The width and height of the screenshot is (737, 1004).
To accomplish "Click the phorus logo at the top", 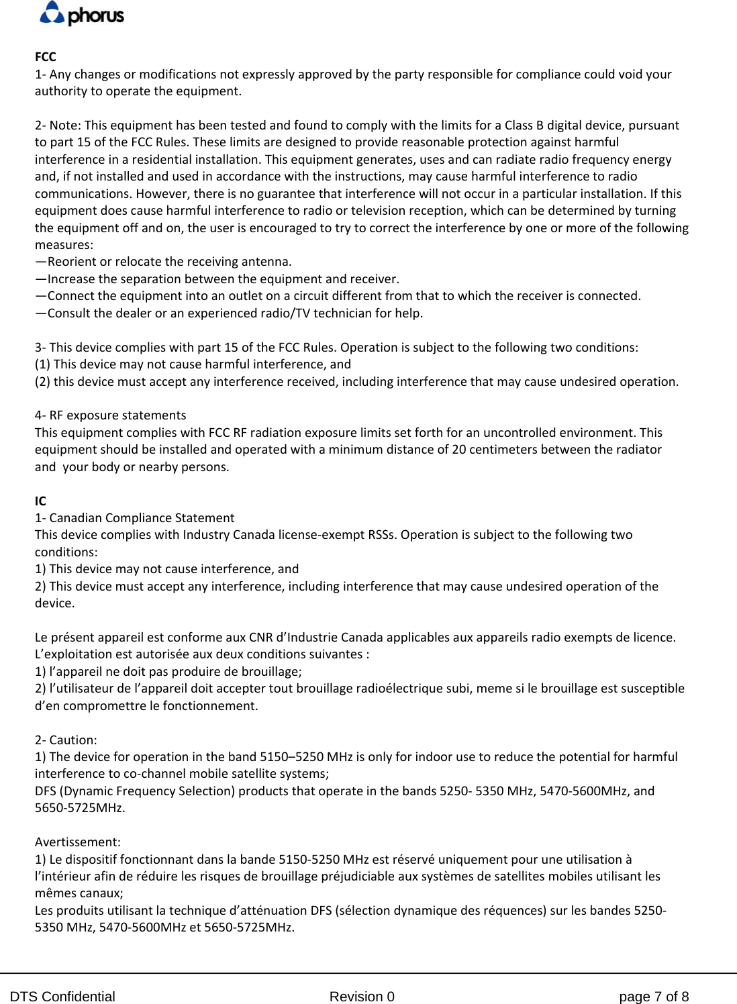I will click(82, 14).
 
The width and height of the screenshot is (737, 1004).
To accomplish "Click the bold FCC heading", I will click(46, 57).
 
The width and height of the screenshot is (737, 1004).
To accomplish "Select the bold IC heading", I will click(40, 501).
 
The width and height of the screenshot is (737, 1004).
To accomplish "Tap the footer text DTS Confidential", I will click(62, 997).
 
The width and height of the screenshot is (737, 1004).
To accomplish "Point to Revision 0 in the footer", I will click(362, 997).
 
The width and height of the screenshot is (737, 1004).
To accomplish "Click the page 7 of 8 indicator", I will click(653, 997).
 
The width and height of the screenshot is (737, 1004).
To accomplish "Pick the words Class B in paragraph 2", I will click(524, 125).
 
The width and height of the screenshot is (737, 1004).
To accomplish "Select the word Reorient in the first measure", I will click(72, 262).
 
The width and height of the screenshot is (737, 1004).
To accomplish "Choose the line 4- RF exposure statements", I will click(111, 415).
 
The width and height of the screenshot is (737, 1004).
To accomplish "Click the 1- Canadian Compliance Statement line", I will click(134, 518).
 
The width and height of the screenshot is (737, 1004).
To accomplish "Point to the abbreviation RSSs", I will click(382, 535).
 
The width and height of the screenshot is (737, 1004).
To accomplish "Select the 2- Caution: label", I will click(66, 740).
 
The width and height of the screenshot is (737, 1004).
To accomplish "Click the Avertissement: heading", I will click(78, 842).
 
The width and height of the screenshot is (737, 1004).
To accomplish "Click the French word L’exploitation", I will click(72, 654).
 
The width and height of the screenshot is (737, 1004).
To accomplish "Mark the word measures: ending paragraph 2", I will click(64, 245).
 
